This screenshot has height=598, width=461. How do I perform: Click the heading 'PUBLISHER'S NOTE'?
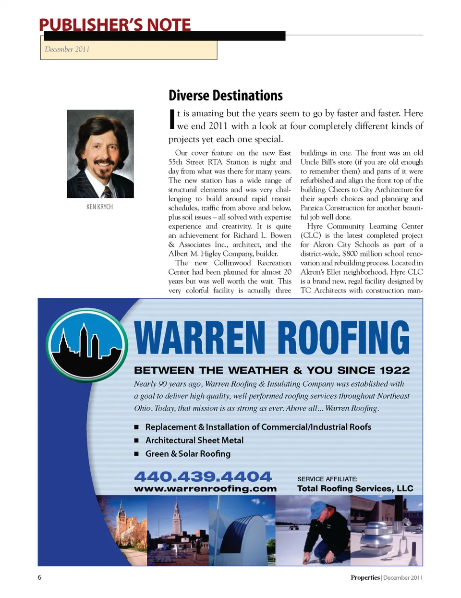[115, 25]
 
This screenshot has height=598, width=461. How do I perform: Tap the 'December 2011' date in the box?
[67, 49]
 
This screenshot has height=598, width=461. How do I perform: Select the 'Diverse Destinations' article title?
[225, 96]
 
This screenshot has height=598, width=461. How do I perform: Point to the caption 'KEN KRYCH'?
[99, 207]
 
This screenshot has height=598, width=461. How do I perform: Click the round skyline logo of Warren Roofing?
[87, 345]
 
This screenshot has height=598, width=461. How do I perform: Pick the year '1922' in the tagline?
[395, 370]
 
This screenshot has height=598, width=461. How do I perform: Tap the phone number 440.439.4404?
[203, 476]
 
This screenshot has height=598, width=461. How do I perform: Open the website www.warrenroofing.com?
[205, 488]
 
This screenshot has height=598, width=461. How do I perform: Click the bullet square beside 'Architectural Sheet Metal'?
[136, 440]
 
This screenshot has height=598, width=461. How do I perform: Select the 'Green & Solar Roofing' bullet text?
[188, 454]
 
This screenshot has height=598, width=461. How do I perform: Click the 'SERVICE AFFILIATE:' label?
[327, 479]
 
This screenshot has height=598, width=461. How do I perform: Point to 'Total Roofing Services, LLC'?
[355, 488]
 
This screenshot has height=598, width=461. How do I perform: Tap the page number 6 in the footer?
[39, 577]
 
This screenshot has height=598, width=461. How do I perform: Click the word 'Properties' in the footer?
[365, 578]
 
